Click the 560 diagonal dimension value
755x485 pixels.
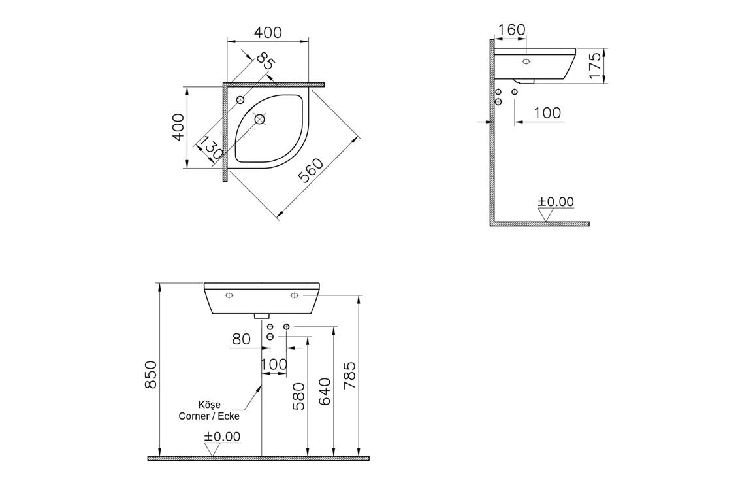311,171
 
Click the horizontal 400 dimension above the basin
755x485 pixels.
268,32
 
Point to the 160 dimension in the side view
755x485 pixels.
511,30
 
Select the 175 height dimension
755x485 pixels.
595,66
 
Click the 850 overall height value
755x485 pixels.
151,374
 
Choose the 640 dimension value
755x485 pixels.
325,390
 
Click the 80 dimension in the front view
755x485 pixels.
241,339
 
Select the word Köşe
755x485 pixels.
209,405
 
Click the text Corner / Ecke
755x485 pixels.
209,416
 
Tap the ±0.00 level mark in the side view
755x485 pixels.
555,202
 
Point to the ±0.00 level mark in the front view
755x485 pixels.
222,437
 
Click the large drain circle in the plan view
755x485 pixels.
260,119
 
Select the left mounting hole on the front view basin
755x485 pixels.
229,295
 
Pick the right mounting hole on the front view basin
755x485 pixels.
294,295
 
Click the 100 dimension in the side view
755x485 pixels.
547,112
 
